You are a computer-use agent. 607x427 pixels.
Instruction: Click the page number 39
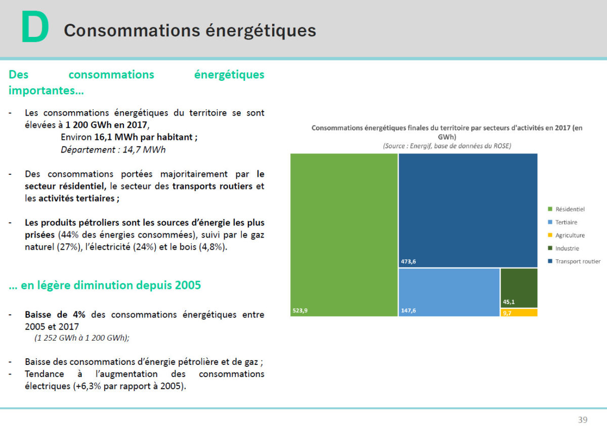583,420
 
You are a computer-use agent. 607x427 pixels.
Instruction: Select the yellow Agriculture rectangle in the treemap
519,313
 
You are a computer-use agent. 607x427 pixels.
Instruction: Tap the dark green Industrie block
519,288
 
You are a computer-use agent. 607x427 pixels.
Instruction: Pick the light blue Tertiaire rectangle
449,292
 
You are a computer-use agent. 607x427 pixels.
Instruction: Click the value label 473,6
409,262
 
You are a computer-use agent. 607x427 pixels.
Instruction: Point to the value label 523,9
300,311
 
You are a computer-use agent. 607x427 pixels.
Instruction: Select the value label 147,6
409,311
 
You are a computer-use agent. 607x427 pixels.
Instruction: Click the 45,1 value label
509,302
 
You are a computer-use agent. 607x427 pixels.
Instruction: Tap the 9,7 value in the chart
507,313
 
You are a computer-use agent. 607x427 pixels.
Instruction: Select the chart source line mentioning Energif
447,146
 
